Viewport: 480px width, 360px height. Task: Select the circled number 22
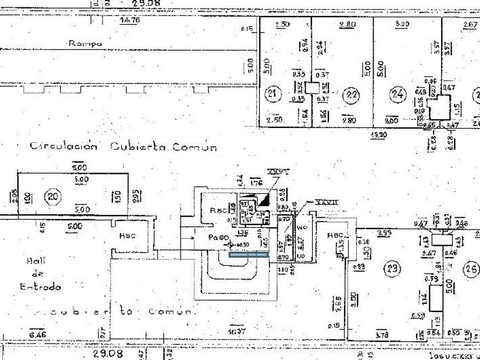point(353,94)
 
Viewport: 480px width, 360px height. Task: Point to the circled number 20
point(54,197)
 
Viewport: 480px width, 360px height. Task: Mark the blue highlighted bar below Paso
point(249,255)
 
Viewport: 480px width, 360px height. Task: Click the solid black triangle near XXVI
point(263,199)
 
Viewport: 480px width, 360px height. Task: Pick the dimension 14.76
point(130,21)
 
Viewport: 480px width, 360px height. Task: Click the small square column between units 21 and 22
point(311,88)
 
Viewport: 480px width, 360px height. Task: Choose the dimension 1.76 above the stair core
point(256,183)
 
